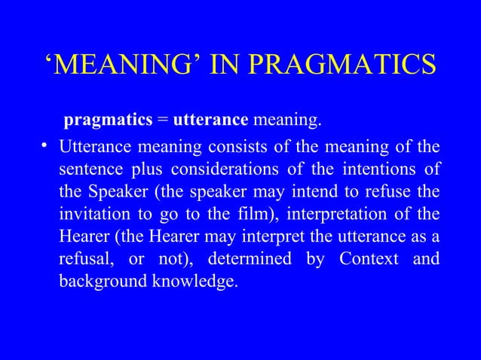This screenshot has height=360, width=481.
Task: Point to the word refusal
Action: [84, 260]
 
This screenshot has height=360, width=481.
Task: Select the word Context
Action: [368, 260]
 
